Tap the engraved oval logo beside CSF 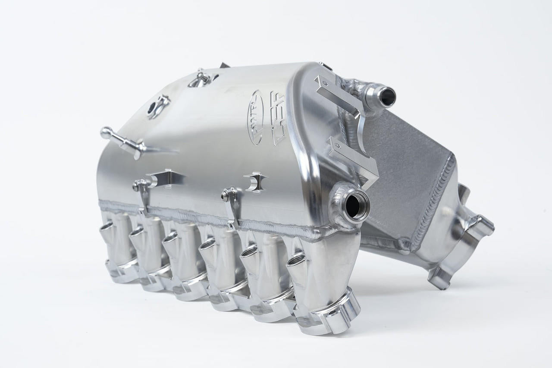pos(254,117)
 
